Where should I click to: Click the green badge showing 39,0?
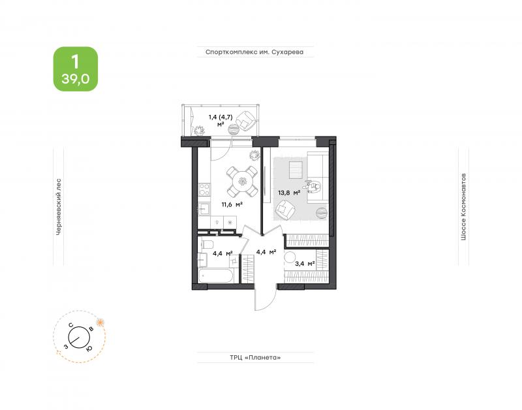tap(76, 69)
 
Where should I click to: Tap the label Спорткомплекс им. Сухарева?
tap(254, 52)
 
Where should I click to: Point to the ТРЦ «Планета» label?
tap(255, 357)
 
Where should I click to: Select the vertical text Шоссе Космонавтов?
tap(463, 206)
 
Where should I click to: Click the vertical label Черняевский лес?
tap(59, 207)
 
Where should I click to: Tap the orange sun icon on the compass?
tap(100, 322)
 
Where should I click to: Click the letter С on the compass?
tap(71, 325)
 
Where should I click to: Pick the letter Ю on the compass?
tap(89, 349)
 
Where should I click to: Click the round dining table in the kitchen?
tap(242, 181)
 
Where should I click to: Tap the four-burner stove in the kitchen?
tap(204, 189)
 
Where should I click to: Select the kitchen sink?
tap(204, 209)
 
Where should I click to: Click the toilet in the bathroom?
tap(206, 244)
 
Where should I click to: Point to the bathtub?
tap(218, 276)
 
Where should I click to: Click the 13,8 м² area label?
tap(289, 192)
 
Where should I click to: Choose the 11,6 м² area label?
tap(232, 204)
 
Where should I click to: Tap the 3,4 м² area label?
tap(305, 264)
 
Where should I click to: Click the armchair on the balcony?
tap(247, 120)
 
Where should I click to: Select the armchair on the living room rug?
tap(285, 210)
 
